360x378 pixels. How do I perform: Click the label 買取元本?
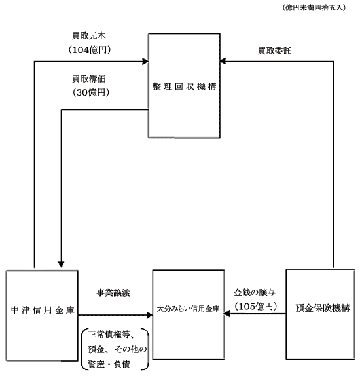pyautogui.click(x=89, y=35)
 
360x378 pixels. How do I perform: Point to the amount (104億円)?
pyautogui.click(x=90, y=50)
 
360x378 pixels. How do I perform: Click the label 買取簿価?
pyautogui.click(x=89, y=79)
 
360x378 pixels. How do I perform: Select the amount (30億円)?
pyautogui.click(x=91, y=92)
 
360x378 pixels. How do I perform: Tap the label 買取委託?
pyautogui.click(x=275, y=51)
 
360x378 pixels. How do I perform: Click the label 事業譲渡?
pyautogui.click(x=113, y=293)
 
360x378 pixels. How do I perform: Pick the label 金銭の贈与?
pyautogui.click(x=255, y=292)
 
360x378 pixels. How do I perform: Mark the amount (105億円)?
pyautogui.click(x=256, y=306)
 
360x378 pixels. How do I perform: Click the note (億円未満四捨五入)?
pyautogui.click(x=314, y=8)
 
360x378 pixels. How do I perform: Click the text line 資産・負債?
pyautogui.click(x=109, y=364)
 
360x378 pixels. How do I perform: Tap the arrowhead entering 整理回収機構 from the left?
pyautogui.click(x=145, y=61)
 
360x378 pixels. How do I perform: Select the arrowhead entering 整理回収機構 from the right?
pyautogui.click(x=223, y=61)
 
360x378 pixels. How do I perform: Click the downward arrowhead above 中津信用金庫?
pyautogui.click(x=61, y=264)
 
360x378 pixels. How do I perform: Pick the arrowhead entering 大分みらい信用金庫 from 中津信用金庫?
pyautogui.click(x=149, y=315)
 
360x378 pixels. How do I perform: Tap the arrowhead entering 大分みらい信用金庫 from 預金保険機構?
pyautogui.click(x=226, y=314)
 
